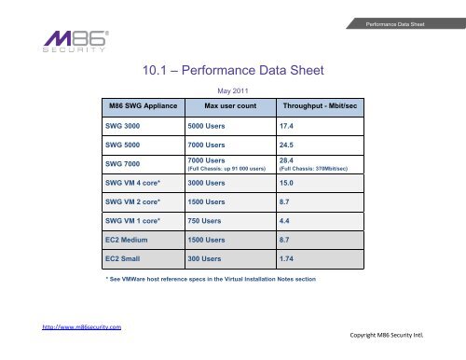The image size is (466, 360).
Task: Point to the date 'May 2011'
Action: [x=231, y=91]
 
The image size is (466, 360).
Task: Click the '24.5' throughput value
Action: [x=289, y=145]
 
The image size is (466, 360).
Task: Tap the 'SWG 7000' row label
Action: [x=124, y=164]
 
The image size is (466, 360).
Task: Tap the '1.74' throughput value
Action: [x=289, y=257]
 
